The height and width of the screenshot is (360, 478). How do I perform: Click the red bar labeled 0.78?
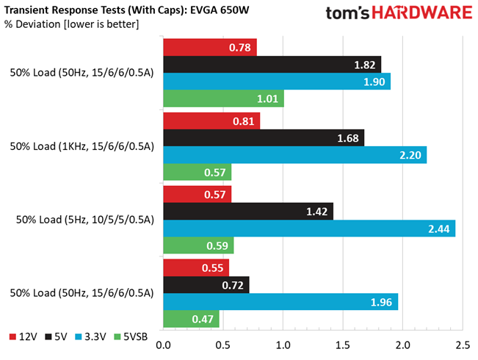(209, 47)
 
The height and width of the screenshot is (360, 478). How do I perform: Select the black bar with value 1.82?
(272, 64)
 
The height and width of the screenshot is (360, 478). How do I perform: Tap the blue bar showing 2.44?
(308, 228)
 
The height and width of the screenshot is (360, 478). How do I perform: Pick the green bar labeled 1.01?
(223, 98)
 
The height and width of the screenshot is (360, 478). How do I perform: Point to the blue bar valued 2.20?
(294, 155)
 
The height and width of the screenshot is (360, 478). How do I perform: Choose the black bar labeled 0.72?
(206, 284)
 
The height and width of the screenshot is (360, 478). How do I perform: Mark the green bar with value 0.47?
(191, 319)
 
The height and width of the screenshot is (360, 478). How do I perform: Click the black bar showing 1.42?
(247, 212)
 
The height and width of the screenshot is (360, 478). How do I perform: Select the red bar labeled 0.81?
(211, 120)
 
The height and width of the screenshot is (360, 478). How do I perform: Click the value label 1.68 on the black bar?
(347, 138)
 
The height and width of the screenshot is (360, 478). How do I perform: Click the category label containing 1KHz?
(82, 146)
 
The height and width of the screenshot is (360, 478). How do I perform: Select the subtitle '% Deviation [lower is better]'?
(70, 25)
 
